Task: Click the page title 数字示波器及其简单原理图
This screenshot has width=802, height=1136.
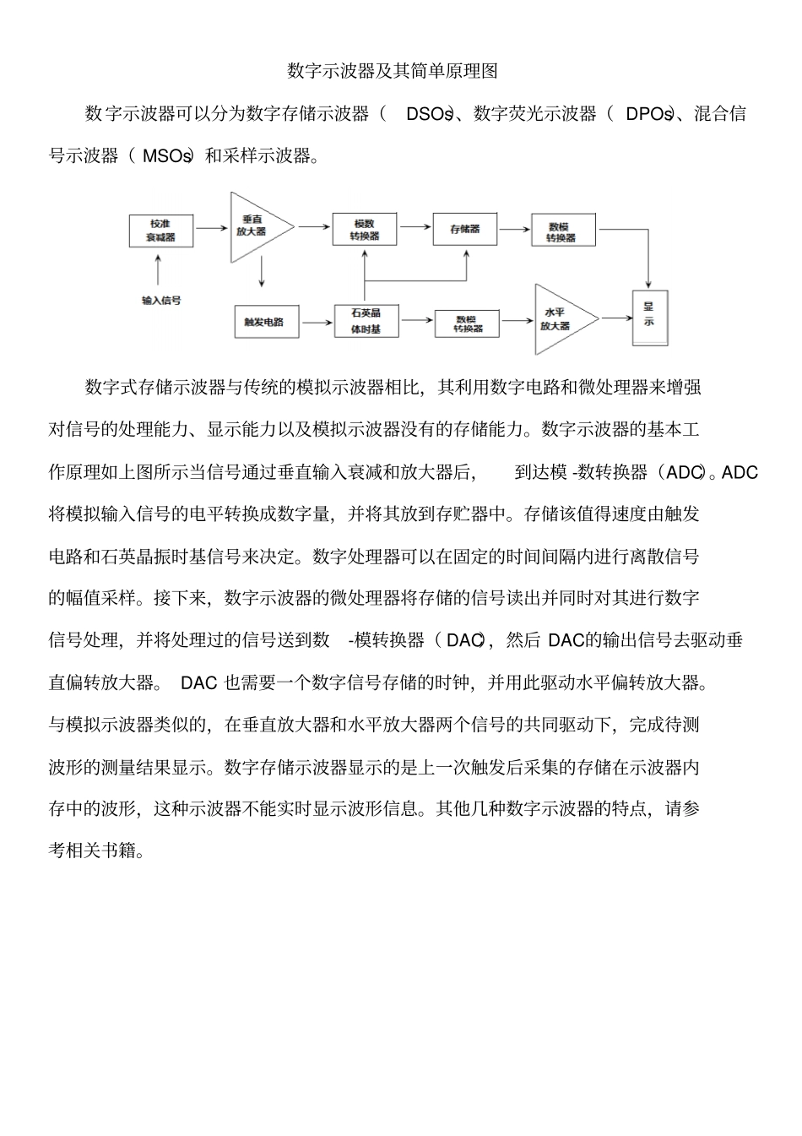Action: [x=393, y=71]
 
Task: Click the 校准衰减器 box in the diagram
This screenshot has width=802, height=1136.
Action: [x=161, y=231]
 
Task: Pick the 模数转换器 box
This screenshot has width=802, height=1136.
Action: [x=365, y=230]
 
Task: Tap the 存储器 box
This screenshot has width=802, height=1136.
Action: [x=465, y=229]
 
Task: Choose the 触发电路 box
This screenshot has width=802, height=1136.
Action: [x=265, y=322]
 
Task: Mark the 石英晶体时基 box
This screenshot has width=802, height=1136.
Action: [x=366, y=321]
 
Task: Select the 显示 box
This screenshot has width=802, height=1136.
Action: [x=649, y=316]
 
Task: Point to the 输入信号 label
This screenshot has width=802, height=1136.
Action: [x=161, y=300]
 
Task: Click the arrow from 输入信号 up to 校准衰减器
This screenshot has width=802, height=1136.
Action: [x=159, y=271]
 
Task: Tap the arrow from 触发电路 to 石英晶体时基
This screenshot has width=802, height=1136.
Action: [x=317, y=321]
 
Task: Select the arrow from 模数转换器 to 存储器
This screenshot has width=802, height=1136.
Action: [x=415, y=226]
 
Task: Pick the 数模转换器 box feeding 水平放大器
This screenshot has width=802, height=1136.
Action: [x=468, y=323]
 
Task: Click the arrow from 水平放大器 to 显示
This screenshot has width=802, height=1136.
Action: [x=617, y=318]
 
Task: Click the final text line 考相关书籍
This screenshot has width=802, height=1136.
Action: [x=97, y=850]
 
